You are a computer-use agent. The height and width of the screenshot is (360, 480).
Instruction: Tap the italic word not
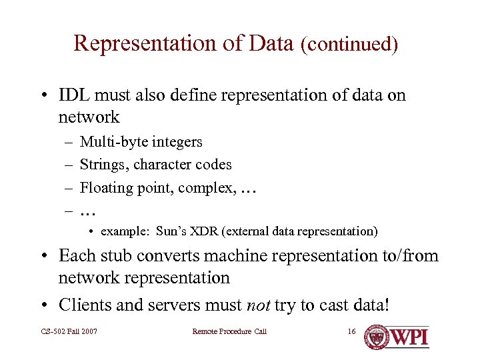pos(259,305)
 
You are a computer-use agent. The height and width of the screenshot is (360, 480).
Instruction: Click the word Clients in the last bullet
pos(83,305)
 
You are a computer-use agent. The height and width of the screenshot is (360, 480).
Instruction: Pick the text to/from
pos(407,255)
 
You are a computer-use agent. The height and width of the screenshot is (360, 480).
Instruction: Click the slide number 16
pos(352,331)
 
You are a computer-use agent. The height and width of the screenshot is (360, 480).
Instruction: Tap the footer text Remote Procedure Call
pos(229,331)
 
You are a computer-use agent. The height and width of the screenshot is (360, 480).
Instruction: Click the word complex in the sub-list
pos(210,187)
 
